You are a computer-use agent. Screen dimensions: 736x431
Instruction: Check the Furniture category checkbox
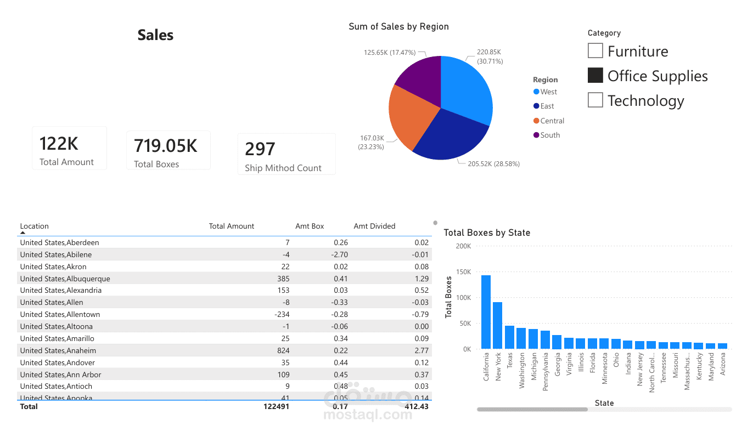[x=595, y=50]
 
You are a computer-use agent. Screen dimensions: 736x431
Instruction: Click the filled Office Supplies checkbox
[x=595, y=75]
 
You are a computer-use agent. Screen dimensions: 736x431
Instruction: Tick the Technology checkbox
[x=595, y=100]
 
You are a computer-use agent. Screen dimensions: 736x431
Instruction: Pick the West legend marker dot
[x=536, y=92]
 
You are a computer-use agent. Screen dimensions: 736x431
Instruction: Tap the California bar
[x=486, y=312]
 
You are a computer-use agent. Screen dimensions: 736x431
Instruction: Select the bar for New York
[x=497, y=325]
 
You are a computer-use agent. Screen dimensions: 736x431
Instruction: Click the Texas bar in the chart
[x=509, y=337]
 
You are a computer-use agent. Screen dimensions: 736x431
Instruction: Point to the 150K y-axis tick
[x=463, y=272]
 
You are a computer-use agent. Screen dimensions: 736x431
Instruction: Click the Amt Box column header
[x=310, y=226]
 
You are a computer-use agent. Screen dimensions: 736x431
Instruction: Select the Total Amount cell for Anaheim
[x=283, y=350]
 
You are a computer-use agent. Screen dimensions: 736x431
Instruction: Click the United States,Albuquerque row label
[x=65, y=279]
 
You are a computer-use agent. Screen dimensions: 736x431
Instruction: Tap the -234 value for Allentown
[x=282, y=314]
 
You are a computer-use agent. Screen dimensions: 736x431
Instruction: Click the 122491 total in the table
[x=276, y=406]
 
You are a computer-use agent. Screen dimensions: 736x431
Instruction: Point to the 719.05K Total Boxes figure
[x=166, y=146]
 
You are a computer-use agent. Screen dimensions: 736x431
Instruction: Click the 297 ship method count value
[x=260, y=149]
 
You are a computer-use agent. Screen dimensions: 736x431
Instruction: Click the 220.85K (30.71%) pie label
[x=490, y=56]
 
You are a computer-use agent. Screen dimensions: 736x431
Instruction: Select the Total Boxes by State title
[x=487, y=232]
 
